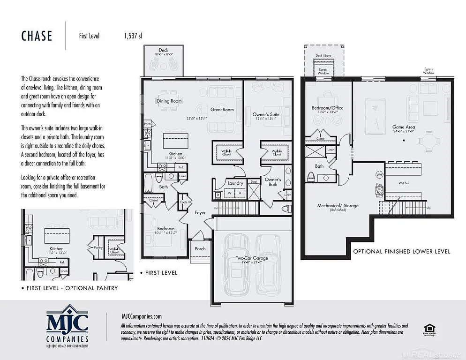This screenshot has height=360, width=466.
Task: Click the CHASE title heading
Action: (37, 36)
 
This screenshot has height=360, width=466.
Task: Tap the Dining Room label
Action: (169, 101)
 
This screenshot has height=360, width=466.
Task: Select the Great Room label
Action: (222, 110)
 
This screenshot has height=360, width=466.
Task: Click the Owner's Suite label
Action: (266, 114)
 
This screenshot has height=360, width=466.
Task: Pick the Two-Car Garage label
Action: (252, 258)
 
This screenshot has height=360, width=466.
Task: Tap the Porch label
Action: (200, 248)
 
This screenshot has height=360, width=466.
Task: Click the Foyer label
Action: (200, 212)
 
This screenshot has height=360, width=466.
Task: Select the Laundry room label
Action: (235, 183)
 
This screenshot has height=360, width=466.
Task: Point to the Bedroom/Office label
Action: (327, 108)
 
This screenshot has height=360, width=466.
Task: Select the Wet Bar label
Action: (405, 183)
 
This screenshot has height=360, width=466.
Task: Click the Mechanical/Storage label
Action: (338, 206)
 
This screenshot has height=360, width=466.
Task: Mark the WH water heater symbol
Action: (379, 175)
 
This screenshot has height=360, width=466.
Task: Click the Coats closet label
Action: (183, 202)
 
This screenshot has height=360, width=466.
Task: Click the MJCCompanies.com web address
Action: (141, 316)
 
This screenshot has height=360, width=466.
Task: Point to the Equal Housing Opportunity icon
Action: (428, 330)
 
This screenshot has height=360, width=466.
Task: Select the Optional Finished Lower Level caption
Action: (401, 252)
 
